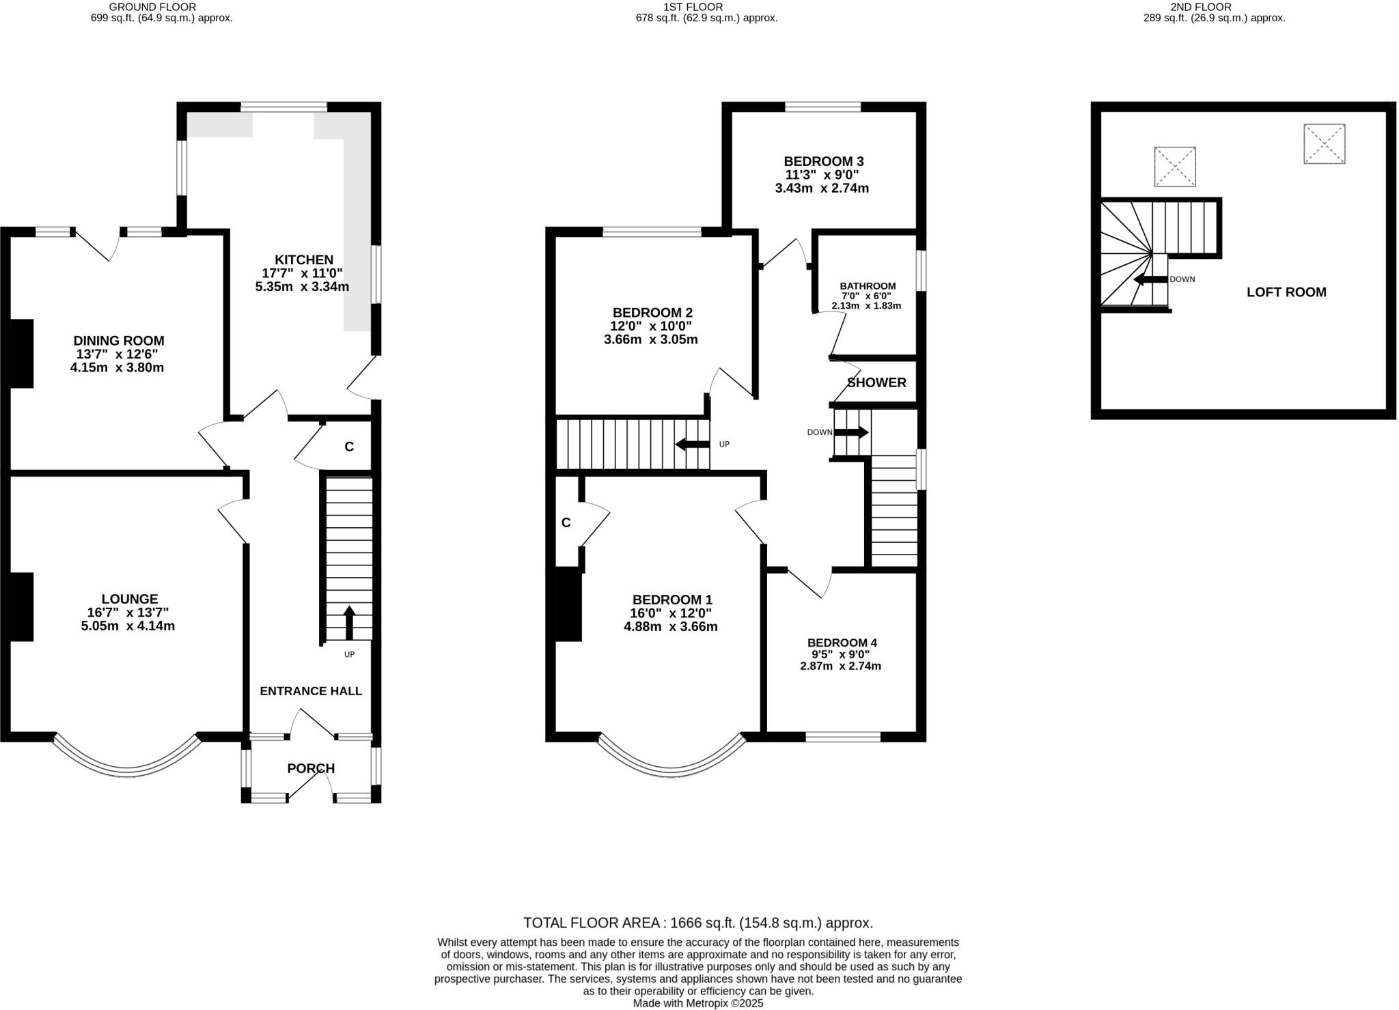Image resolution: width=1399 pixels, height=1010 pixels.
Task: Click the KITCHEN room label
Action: tap(303, 259)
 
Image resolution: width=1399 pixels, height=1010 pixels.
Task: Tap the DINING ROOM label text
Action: tap(119, 340)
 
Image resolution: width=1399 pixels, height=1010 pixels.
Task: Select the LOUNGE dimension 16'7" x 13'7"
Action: tap(128, 613)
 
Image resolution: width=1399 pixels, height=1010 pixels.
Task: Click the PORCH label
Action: tap(311, 768)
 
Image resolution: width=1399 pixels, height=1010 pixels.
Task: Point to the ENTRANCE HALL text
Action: tap(311, 691)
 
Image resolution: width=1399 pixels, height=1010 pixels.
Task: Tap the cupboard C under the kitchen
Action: tap(349, 447)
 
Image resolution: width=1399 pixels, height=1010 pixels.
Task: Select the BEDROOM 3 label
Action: tap(823, 161)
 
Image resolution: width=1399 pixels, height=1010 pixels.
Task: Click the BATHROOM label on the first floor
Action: tap(867, 286)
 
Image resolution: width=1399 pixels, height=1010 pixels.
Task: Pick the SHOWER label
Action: tap(876, 382)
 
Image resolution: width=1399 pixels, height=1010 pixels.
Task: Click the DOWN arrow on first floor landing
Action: tap(851, 432)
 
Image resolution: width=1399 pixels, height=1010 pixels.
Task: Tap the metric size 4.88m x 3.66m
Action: tap(670, 627)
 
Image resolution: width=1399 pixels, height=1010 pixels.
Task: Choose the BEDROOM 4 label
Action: tap(842, 643)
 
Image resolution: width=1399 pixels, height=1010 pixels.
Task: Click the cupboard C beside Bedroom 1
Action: tap(566, 523)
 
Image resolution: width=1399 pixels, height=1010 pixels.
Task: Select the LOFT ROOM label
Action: tap(1286, 292)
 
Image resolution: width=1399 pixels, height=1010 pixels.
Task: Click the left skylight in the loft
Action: tap(1175, 167)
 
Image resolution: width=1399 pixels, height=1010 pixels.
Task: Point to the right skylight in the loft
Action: tap(1324, 143)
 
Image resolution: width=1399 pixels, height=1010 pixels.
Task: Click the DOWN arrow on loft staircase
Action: tap(1151, 279)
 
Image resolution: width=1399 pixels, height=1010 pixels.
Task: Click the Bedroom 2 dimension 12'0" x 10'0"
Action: tap(650, 326)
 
